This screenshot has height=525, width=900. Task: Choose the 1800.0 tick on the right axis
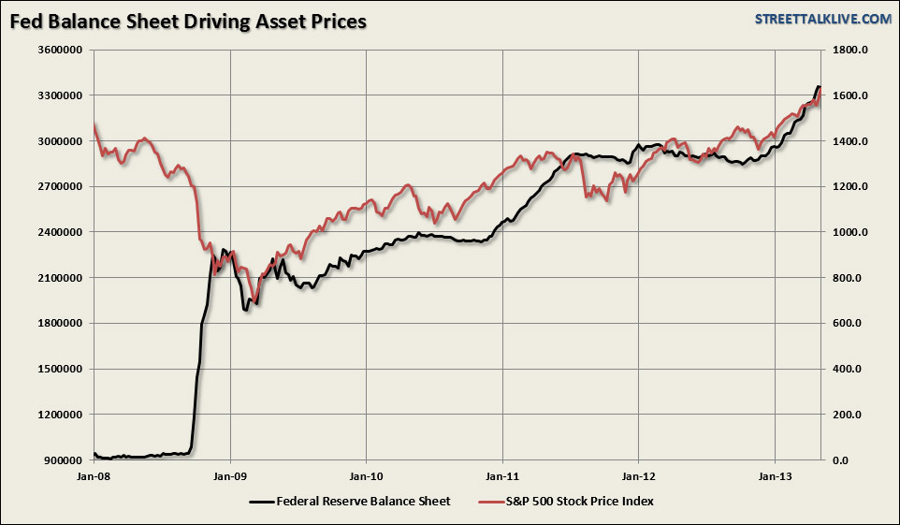pyautogui.click(x=853, y=51)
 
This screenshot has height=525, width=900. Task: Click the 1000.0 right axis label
pyautogui.click(x=853, y=233)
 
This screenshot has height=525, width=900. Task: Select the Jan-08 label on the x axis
pyautogui.click(x=94, y=476)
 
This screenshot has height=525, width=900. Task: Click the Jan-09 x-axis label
pyautogui.click(x=230, y=476)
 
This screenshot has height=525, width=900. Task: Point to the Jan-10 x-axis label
pyautogui.click(x=367, y=476)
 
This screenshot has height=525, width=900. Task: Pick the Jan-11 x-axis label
pyautogui.click(x=502, y=476)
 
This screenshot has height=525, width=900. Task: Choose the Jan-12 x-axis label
pyautogui.click(x=639, y=476)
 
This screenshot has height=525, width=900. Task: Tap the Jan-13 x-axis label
pyautogui.click(x=775, y=476)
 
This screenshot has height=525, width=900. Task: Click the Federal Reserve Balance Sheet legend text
pyautogui.click(x=364, y=502)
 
